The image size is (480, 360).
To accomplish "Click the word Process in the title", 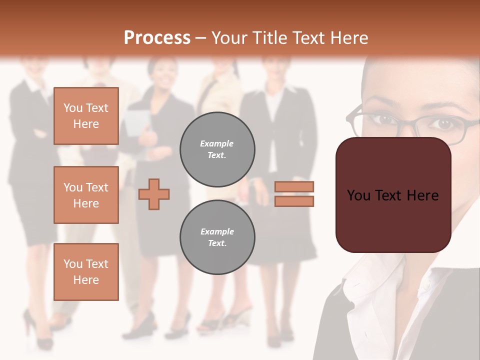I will pyautogui.click(x=157, y=38).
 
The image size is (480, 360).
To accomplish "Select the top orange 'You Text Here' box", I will pyautogui.click(x=86, y=116).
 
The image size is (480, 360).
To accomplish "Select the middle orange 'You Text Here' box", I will pyautogui.click(x=86, y=195).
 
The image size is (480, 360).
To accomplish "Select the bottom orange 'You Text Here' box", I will pyautogui.click(x=86, y=271).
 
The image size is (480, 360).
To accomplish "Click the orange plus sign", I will pyautogui.click(x=154, y=194).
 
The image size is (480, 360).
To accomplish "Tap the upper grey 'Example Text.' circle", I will pyautogui.click(x=217, y=149).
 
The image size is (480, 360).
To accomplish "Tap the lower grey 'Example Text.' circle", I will pyautogui.click(x=217, y=237).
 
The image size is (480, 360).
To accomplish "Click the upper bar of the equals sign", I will pyautogui.click(x=294, y=186).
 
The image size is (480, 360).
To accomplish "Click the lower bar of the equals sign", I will pyautogui.click(x=294, y=201).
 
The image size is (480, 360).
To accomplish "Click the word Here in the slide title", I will pyautogui.click(x=348, y=38).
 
